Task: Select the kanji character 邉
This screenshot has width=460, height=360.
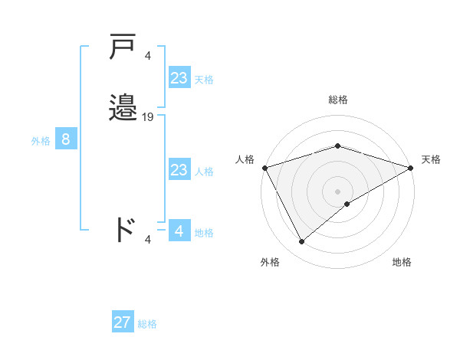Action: [x=123, y=107]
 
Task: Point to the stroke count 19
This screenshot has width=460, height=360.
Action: [x=148, y=117]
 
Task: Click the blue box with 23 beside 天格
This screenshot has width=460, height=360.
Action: [x=179, y=78]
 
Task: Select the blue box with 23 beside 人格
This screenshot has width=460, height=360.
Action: [x=179, y=170]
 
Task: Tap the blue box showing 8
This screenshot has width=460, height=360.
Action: [x=66, y=139]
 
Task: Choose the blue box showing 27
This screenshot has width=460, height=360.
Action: [x=123, y=322]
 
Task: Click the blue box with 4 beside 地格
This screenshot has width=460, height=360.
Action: [x=179, y=231]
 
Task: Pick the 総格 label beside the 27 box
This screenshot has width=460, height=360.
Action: [x=147, y=324]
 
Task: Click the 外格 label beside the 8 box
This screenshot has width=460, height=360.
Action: [x=40, y=141]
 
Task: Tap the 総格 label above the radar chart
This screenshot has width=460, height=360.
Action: [x=337, y=100]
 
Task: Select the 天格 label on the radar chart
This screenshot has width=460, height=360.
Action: [x=431, y=159]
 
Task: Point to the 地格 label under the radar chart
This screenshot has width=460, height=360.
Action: [x=402, y=262]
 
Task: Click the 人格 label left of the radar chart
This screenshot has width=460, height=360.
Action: [x=245, y=159]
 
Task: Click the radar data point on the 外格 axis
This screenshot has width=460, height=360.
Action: [x=301, y=242]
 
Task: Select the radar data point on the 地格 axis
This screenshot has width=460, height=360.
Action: [x=347, y=204]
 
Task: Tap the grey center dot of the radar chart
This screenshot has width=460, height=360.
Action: [x=337, y=191]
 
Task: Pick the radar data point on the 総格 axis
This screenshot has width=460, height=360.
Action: [x=337, y=146]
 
